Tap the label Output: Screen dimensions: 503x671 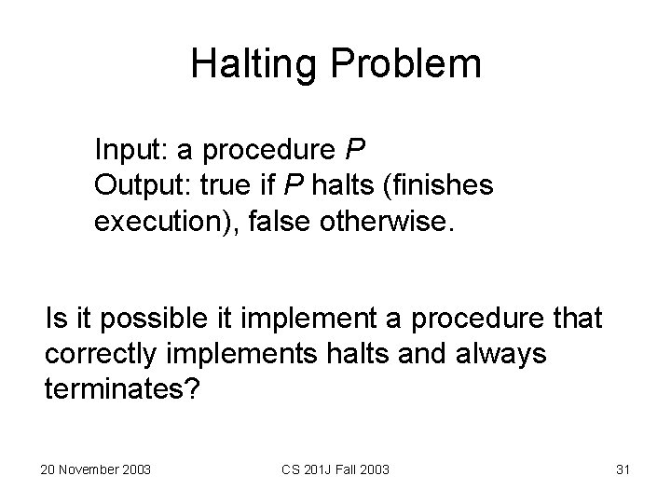coord(140,185)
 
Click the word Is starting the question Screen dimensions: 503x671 coord(55,321)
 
